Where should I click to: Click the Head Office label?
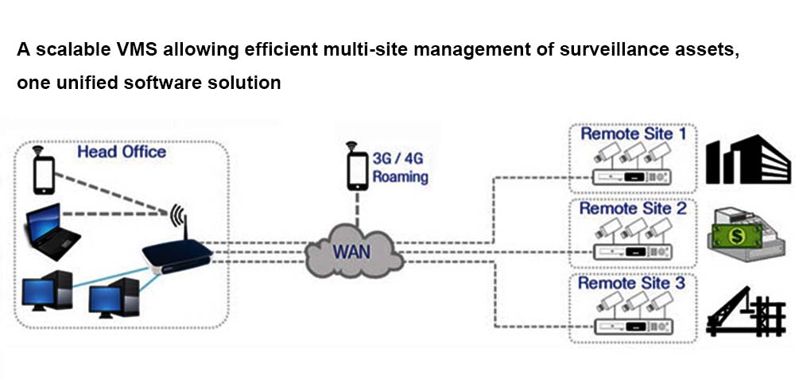[x=121, y=152]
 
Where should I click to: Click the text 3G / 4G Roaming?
[x=399, y=167]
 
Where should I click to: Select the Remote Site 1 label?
[x=633, y=133]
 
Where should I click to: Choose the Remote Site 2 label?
[x=633, y=209]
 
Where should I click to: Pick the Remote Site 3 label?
[x=632, y=283]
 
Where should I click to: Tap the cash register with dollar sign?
[x=744, y=235]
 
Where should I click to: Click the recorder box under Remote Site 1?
[x=634, y=177]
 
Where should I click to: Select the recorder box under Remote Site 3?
[x=634, y=326]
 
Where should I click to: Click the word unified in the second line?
[x=85, y=82]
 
